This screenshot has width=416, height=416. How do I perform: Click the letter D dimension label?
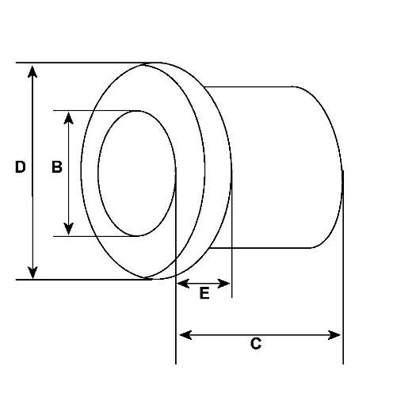coord(21,167)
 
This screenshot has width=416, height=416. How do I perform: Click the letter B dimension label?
coord(57,167)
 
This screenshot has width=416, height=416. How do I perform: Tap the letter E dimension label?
coord(204,293)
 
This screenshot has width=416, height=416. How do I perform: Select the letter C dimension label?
coord(256,343)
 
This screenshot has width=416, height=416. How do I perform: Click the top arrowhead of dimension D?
coord(32,71)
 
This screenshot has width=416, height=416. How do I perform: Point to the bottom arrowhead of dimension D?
coord(32,273)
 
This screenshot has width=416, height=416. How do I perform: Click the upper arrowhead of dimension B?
coord(68,118)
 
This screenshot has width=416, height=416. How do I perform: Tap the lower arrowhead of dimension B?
coord(68,229)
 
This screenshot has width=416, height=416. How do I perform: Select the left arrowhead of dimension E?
coord(183,284)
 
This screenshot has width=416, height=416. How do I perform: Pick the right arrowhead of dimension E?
coord(223,284)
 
